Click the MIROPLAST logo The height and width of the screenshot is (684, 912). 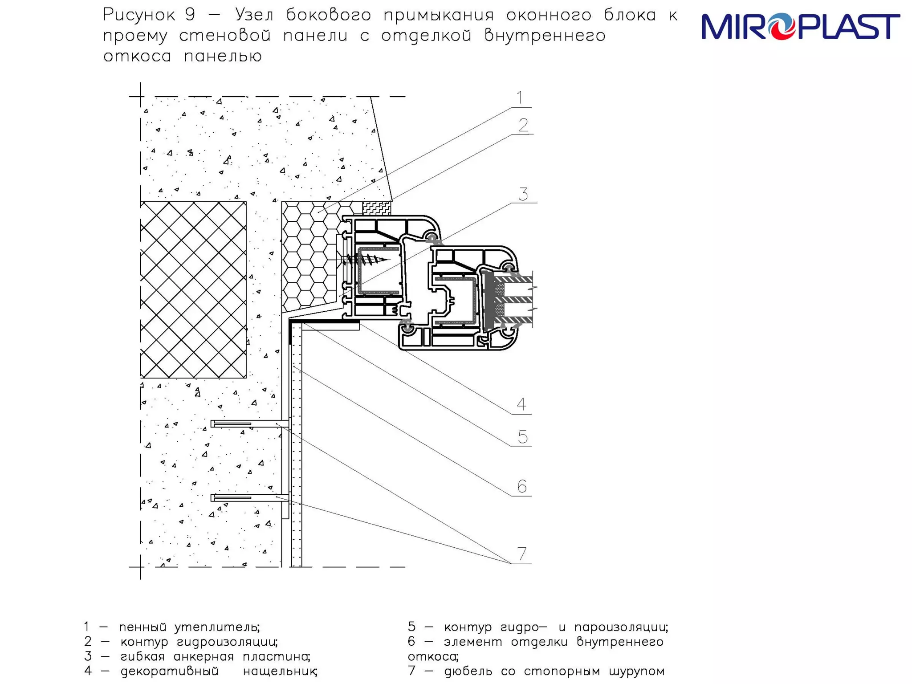pos(800,27)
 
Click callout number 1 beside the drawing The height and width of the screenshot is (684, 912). pos(520,98)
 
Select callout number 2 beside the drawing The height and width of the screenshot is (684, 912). pos(523,125)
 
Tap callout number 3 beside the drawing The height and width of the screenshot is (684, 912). pos(523,194)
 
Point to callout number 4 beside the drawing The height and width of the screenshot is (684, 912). pos(521,404)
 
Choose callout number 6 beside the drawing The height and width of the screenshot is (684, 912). pos(522,486)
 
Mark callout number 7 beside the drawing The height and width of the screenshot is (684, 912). pos(522,554)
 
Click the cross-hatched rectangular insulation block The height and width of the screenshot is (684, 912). pos(193,290)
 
